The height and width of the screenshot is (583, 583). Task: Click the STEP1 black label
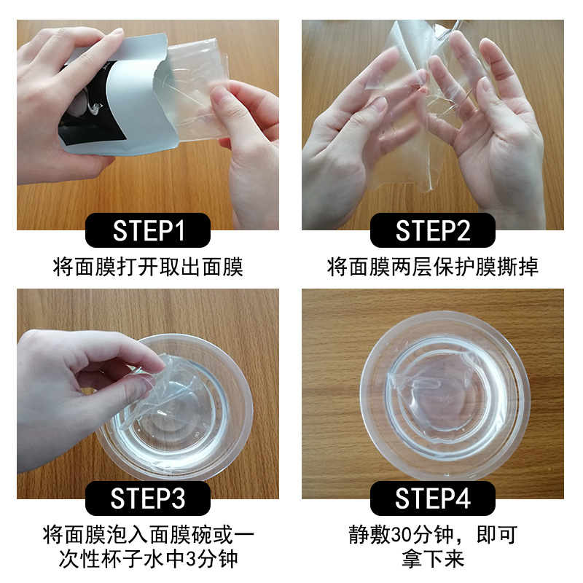[x=148, y=230]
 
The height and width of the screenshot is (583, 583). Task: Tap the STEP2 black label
[x=433, y=230]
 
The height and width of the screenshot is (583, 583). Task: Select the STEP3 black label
[x=148, y=498]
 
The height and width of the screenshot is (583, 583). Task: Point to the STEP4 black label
[x=433, y=498]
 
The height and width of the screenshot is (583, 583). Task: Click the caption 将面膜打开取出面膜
[x=148, y=267]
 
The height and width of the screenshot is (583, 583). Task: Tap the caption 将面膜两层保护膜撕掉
[x=433, y=267]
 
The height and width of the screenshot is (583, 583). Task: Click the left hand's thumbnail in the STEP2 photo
[x=379, y=104]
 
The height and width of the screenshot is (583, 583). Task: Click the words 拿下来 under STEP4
[x=433, y=559]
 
